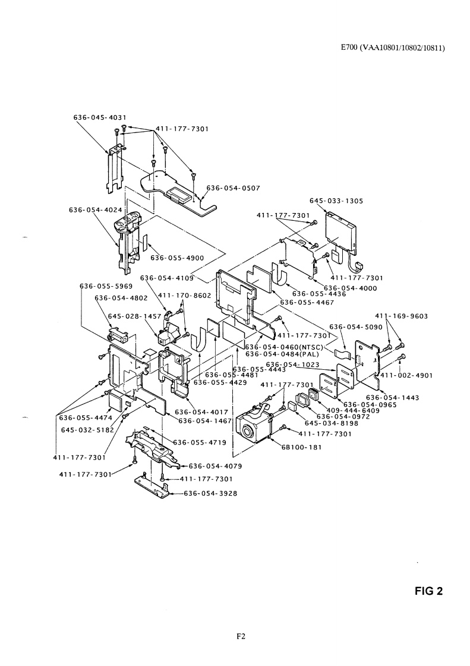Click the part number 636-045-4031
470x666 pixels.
click(x=99, y=117)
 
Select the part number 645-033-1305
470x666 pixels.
click(x=336, y=201)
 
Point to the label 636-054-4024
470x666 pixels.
click(x=95, y=209)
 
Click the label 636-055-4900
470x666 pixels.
click(x=176, y=258)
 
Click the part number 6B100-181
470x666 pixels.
click(x=301, y=448)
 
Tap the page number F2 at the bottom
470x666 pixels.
click(x=241, y=637)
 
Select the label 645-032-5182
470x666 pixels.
click(x=87, y=430)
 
